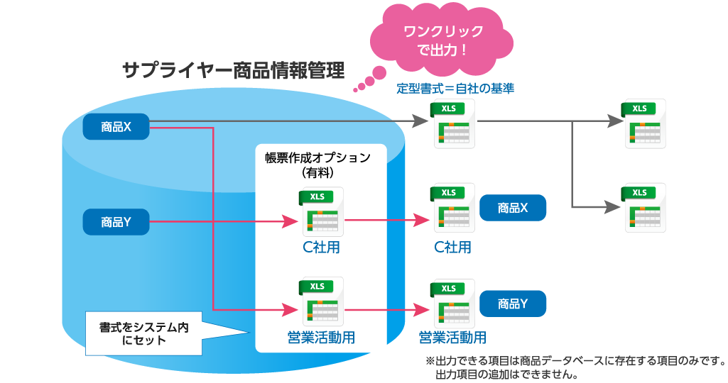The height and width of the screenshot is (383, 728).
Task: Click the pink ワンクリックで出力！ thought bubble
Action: [x=442, y=40]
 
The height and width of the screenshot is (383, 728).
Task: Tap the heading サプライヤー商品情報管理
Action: [x=233, y=70]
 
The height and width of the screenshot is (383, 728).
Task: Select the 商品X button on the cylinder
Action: [x=116, y=127]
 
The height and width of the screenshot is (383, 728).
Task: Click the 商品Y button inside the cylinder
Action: [x=116, y=222]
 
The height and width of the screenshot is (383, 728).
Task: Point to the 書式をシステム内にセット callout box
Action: [x=142, y=333]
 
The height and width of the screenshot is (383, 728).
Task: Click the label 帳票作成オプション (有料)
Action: [x=317, y=165]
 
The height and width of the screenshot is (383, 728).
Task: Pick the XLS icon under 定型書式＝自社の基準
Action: [x=451, y=125]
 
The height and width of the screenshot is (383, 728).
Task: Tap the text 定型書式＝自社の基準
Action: [x=455, y=89]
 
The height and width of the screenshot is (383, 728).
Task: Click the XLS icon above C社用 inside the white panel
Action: [x=321, y=211]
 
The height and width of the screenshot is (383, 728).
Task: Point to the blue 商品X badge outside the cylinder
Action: [x=513, y=208]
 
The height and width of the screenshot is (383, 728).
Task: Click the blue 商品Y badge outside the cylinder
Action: [x=513, y=304]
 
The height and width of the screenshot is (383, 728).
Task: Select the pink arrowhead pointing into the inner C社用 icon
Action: [x=289, y=222]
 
